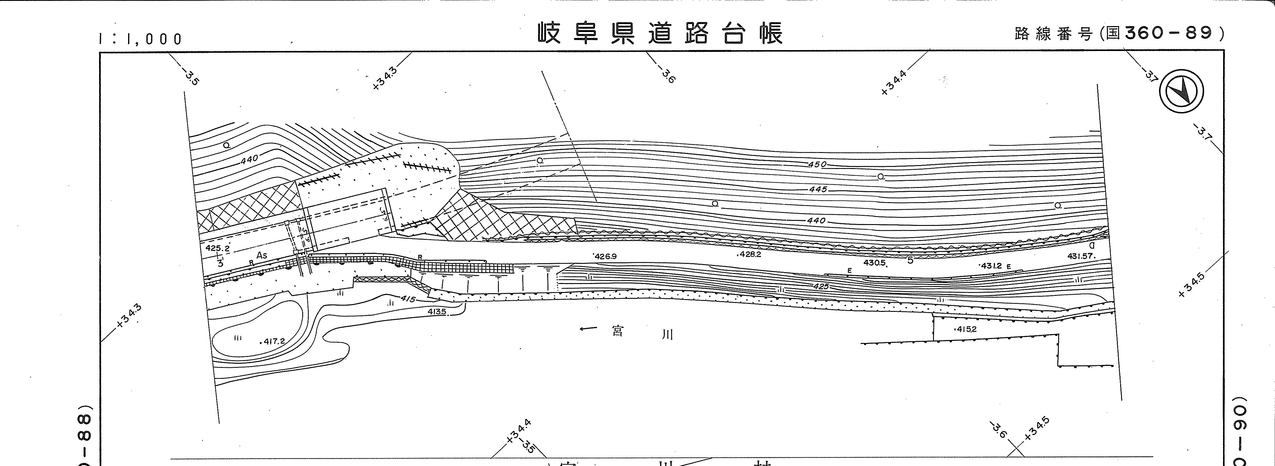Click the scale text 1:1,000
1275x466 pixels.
[x=141, y=39]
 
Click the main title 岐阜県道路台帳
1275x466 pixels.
[x=660, y=33]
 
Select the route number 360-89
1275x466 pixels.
[x=1168, y=33]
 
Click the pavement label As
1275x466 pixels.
[x=262, y=255]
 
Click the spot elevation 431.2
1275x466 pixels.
[x=991, y=266]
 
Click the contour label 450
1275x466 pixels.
[x=817, y=164]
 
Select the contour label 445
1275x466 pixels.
[x=818, y=189]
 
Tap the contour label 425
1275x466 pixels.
[x=821, y=286]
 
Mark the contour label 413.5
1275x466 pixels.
[x=437, y=311]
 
